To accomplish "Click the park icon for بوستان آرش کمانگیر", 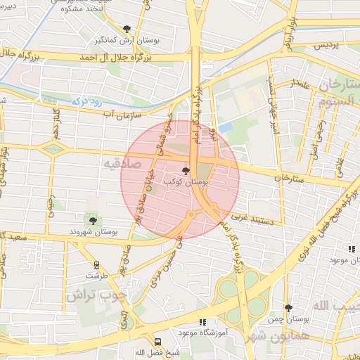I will click(127, 29).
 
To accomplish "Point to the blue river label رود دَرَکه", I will click(86, 101).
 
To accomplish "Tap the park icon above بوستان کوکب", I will click(186, 171).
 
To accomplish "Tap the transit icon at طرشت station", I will click(96, 265).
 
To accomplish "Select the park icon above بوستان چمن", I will click(289, 308).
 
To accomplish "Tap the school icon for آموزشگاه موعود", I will click(203, 322).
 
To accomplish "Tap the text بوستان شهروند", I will click(91, 232).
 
